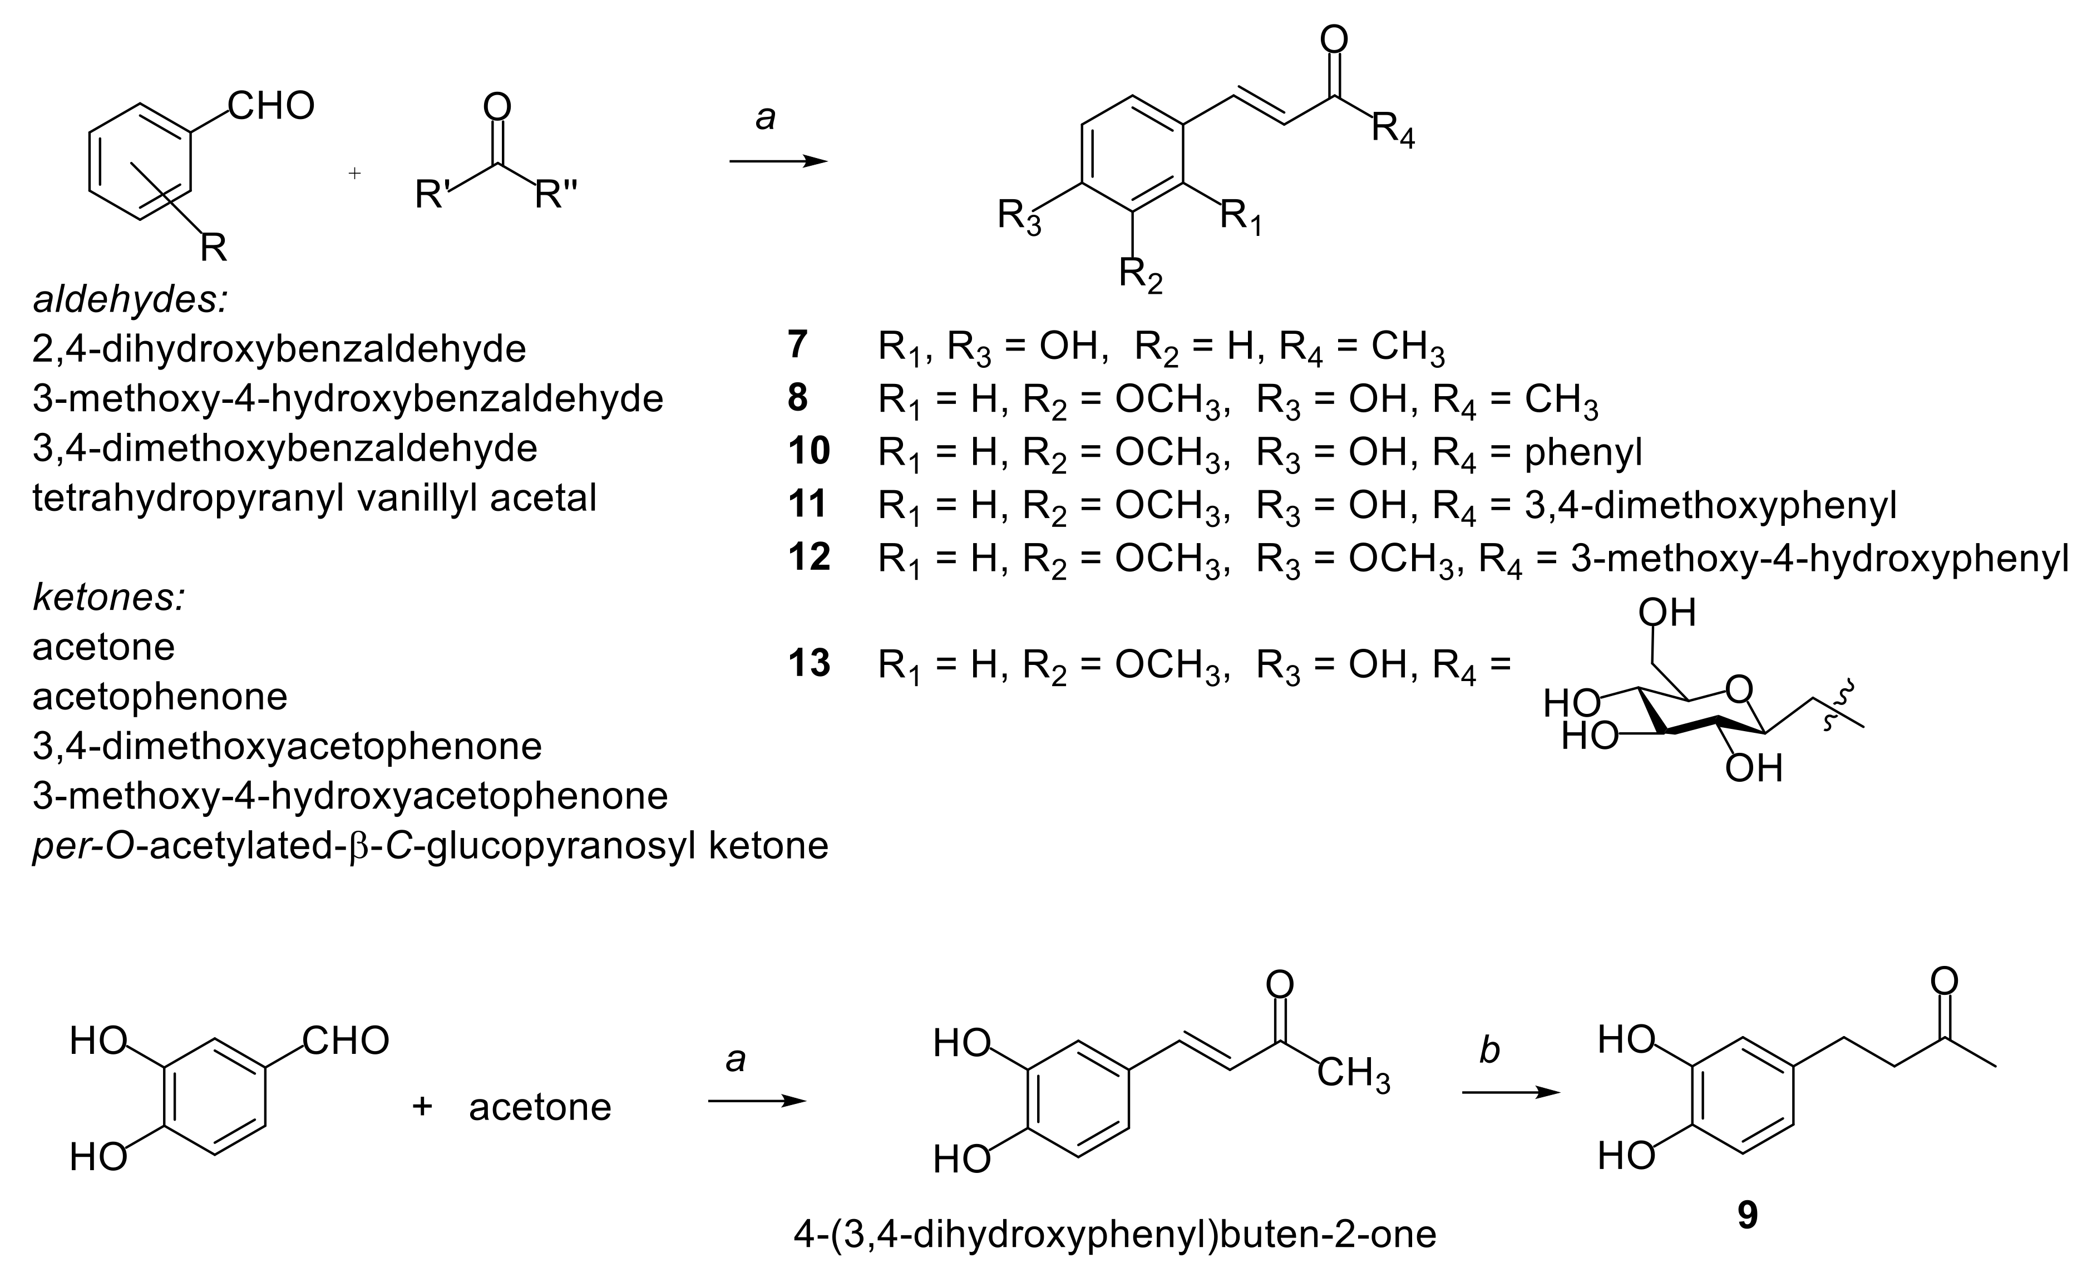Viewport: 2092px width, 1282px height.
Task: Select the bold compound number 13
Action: [808, 663]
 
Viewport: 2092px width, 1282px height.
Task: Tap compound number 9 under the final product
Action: [1747, 1216]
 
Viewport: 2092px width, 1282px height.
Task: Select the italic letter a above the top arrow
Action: [765, 119]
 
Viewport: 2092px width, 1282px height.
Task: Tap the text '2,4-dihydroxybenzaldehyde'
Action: [279, 349]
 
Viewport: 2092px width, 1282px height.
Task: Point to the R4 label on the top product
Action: [1393, 130]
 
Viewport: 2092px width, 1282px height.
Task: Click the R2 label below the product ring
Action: [1140, 274]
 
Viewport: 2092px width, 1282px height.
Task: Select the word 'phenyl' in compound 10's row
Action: [1582, 452]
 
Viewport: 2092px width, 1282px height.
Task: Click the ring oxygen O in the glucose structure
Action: [1740, 689]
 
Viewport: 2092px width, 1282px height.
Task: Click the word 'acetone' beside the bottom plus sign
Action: [540, 1107]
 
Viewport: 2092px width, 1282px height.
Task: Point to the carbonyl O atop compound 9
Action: [1944, 982]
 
